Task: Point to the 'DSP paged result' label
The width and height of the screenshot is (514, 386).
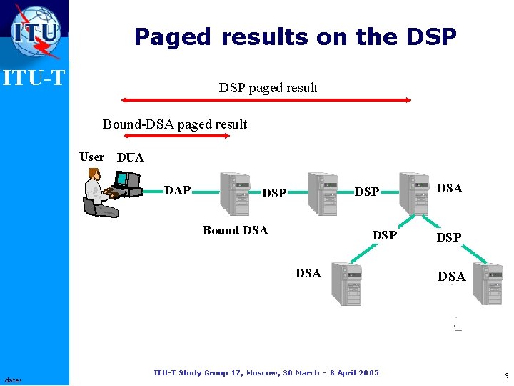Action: pyautogui.click(x=268, y=88)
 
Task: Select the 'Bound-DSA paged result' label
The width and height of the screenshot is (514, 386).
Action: pyautogui.click(x=175, y=124)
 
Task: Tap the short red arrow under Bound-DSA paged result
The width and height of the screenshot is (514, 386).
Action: pyautogui.click(x=176, y=135)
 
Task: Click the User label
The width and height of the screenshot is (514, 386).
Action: pyautogui.click(x=91, y=157)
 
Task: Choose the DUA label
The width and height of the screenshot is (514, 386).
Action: pyautogui.click(x=130, y=157)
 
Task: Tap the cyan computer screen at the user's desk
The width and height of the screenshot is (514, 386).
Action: pyautogui.click(x=122, y=178)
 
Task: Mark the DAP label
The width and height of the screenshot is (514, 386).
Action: pyautogui.click(x=177, y=190)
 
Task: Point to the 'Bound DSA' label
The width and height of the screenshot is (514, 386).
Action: pyautogui.click(x=235, y=230)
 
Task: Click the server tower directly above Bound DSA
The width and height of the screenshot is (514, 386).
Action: pyautogui.click(x=233, y=194)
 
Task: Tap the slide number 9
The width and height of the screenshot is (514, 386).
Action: pyautogui.click(x=506, y=375)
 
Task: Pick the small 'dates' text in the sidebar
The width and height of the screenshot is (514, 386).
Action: pyautogui.click(x=13, y=380)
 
